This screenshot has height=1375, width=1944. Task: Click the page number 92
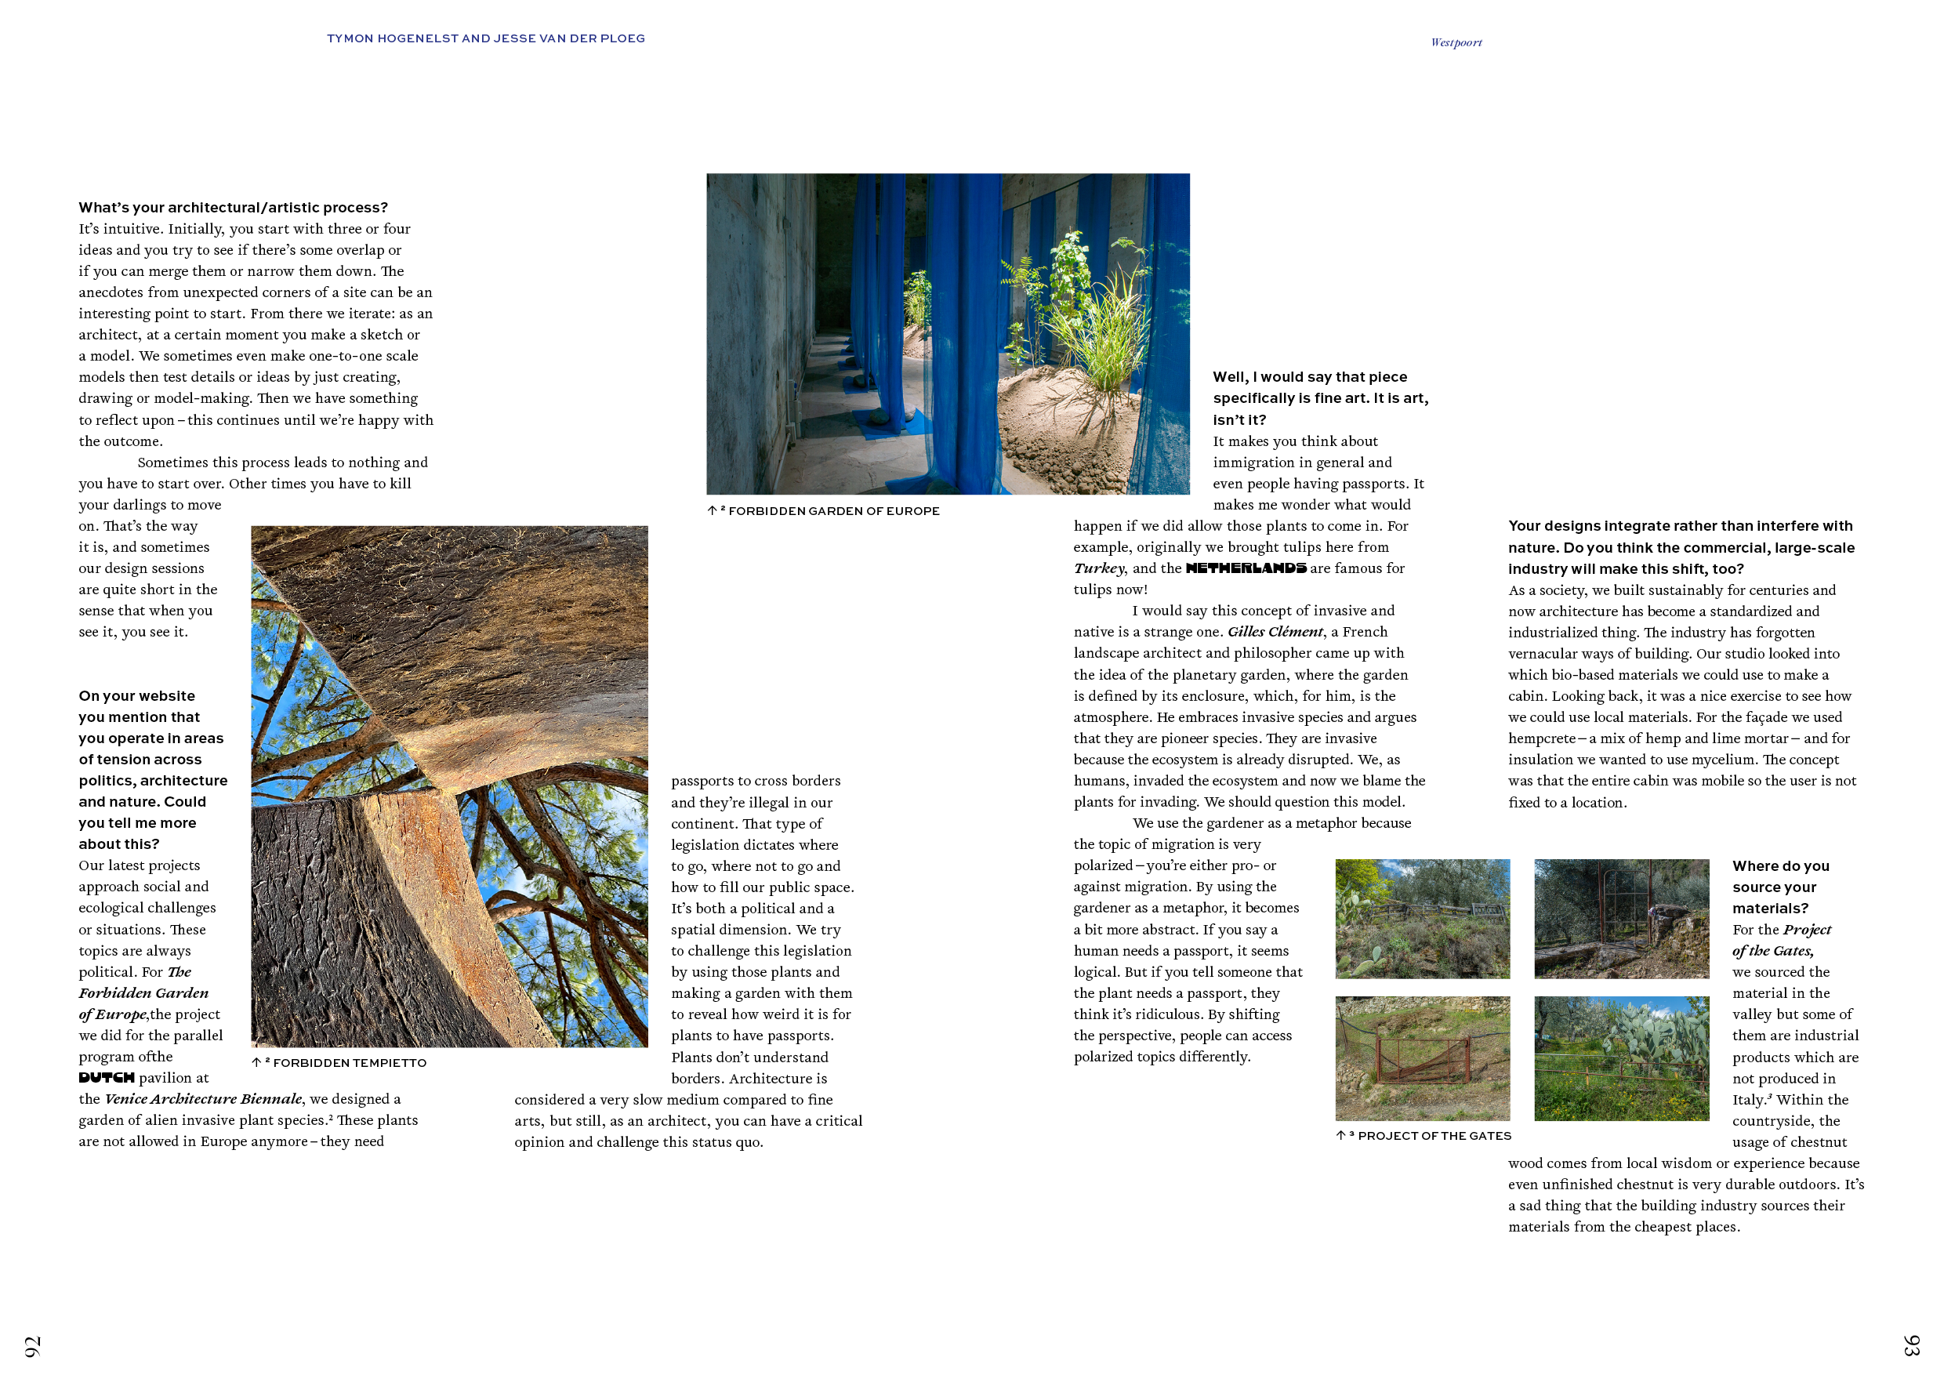pos(32,1346)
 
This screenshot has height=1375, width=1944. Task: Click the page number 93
pos(1911,1345)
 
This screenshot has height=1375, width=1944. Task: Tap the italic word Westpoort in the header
pos(1456,42)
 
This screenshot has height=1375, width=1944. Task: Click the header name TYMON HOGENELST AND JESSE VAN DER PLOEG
pos(486,38)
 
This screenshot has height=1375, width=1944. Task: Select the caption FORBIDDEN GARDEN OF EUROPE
pos(833,510)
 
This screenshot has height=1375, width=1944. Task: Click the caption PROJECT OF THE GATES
pos(1434,1135)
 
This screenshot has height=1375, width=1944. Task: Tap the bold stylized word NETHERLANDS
pos(1246,568)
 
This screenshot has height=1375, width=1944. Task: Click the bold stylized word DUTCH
pos(107,1078)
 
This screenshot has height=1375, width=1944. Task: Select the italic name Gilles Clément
pos(1275,632)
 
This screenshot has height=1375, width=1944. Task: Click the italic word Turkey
pos(1099,568)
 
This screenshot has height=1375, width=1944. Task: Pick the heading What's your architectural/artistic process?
pos(233,208)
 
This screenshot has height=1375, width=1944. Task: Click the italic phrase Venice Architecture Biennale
pos(203,1099)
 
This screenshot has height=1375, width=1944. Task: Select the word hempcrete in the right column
pos(1541,738)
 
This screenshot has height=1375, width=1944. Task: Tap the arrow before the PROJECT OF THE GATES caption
pos(1340,1135)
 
